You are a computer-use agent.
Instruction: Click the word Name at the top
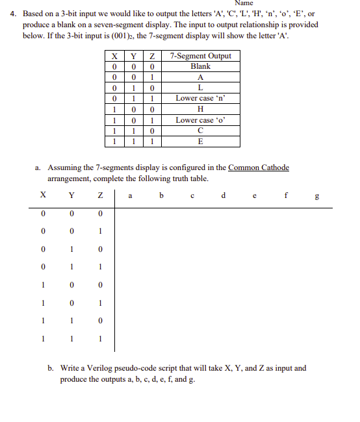(x=244, y=4)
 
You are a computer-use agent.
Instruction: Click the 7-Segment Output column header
(x=200, y=56)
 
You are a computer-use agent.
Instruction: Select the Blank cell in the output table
(x=200, y=66)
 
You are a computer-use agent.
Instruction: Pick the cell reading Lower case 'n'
(x=200, y=99)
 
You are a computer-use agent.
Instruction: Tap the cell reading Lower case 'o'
(x=200, y=120)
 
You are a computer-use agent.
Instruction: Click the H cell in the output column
(x=200, y=109)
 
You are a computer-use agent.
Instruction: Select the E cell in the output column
(x=200, y=142)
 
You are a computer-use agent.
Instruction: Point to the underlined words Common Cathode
(x=259, y=168)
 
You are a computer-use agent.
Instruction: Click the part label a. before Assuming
(x=39, y=168)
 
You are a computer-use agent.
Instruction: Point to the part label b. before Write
(x=51, y=368)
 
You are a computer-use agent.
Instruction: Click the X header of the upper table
(x=114, y=56)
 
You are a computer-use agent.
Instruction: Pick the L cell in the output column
(x=200, y=88)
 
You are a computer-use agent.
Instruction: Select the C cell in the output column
(x=200, y=130)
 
